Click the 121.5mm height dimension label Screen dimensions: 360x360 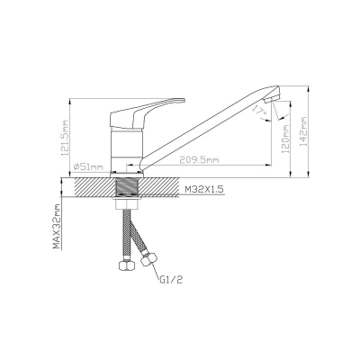click(x=65, y=138)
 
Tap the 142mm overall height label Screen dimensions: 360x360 click(x=303, y=131)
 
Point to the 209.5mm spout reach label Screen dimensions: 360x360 click(x=199, y=160)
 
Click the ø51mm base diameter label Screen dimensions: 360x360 click(x=87, y=167)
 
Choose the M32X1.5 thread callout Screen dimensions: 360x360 click(x=204, y=190)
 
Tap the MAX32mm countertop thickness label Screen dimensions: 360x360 click(x=57, y=227)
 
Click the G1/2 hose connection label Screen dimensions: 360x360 click(x=171, y=280)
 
